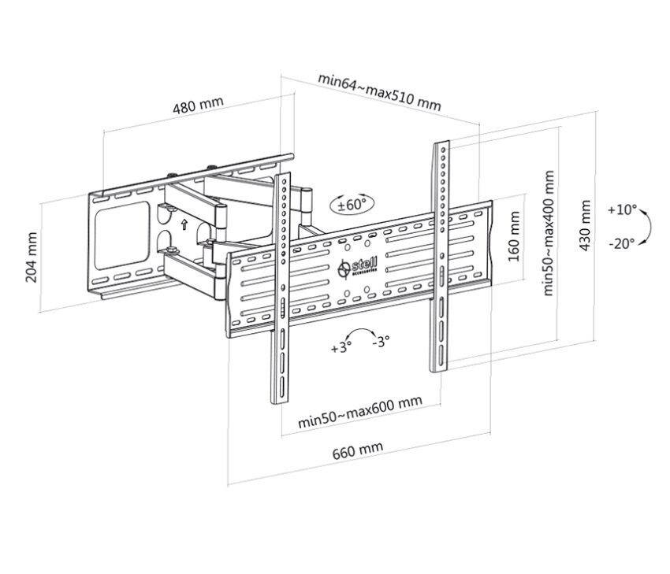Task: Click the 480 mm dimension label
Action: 199,105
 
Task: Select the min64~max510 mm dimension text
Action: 379,92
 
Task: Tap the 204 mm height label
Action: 32,257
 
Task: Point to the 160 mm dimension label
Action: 514,236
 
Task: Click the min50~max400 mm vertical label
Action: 549,233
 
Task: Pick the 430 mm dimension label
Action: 585,225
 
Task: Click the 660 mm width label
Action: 358,450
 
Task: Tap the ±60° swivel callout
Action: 352,205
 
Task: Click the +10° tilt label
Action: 622,210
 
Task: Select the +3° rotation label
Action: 341,348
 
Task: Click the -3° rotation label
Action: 381,342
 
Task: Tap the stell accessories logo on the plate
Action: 358,268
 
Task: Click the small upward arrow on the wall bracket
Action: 184,224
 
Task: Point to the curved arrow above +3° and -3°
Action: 362,330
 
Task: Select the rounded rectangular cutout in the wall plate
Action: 122,235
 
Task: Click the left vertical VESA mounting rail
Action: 281,288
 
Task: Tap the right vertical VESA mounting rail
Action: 440,256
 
